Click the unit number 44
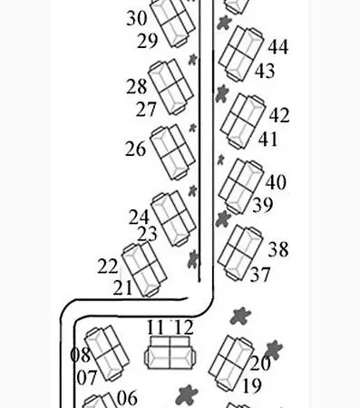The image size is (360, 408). click(278, 47)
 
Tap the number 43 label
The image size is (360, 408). click(265, 71)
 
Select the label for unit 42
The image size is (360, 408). click(279, 115)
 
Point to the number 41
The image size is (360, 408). click(268, 140)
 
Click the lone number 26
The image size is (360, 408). click(135, 149)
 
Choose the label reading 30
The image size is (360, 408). click(137, 18)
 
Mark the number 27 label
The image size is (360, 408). click(146, 109)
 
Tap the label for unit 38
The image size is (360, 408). click(278, 249)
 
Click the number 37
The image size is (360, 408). click(260, 275)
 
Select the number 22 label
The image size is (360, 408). click(107, 267)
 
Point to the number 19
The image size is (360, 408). click(252, 386)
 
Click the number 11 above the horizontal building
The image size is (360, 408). click(155, 327)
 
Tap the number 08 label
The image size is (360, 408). click(80, 355)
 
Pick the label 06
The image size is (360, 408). click(127, 398)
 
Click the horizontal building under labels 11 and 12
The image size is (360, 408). click(170, 353)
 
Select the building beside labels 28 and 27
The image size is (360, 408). click(170, 87)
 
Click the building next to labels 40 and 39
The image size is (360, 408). click(241, 186)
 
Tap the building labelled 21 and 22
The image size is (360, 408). click(144, 269)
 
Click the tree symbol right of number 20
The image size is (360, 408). click(274, 350)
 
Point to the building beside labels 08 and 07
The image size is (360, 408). click(107, 353)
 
